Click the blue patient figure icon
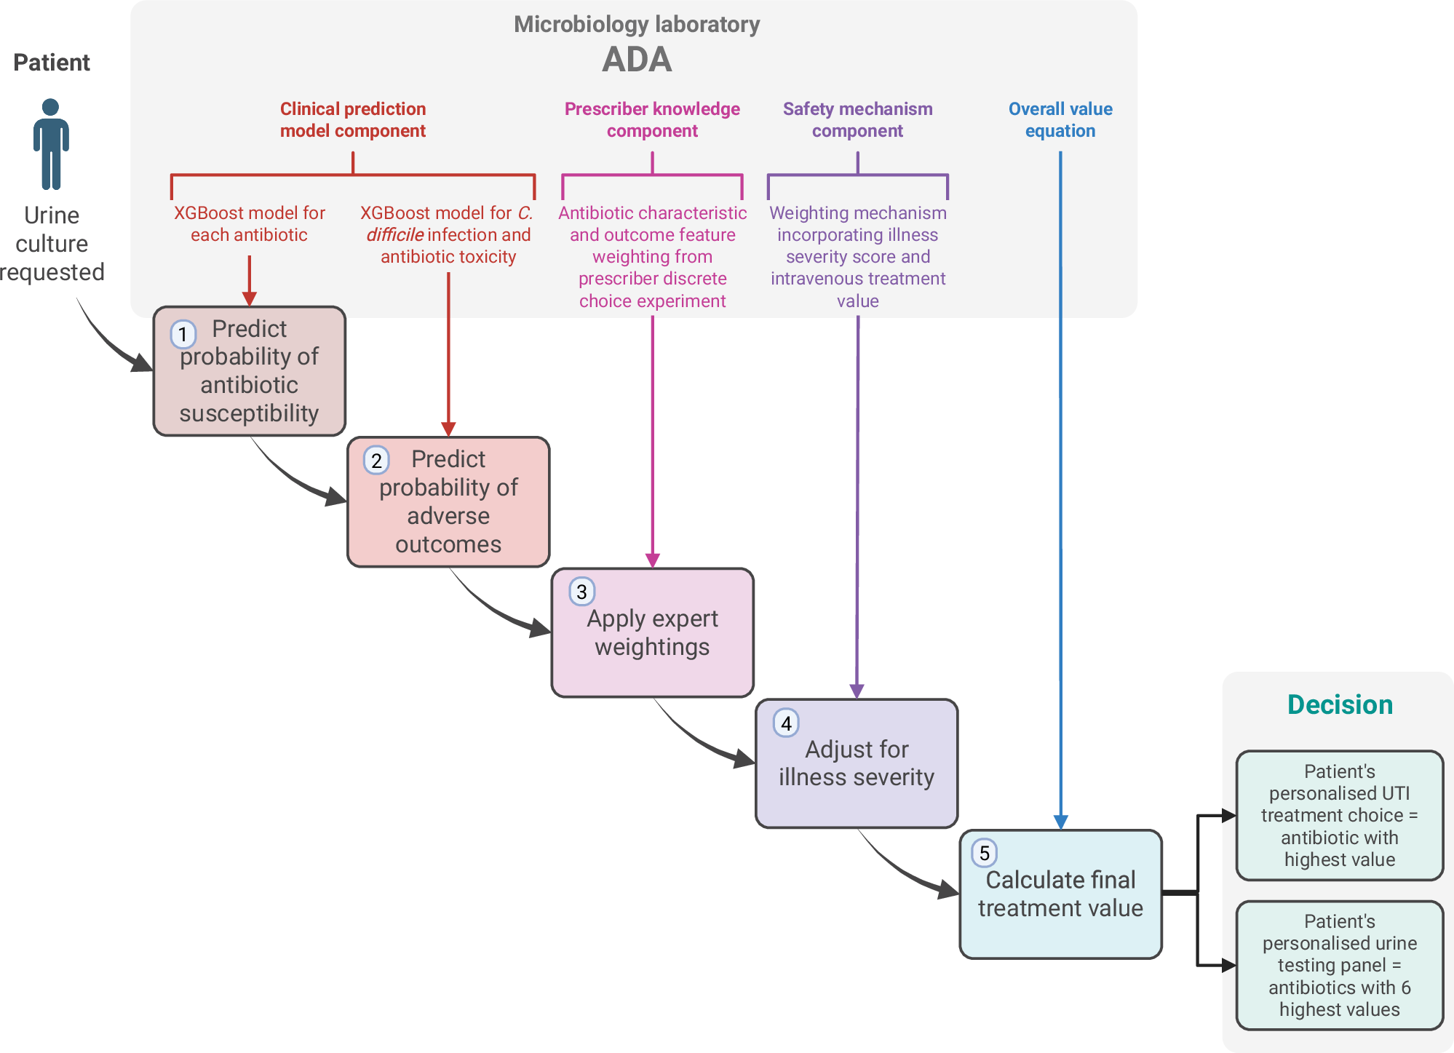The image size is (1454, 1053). [x=51, y=144]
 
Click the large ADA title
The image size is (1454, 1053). [x=637, y=60]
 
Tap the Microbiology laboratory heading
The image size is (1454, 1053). [x=637, y=25]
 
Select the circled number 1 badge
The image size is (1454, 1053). [x=183, y=334]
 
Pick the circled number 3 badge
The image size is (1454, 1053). [x=581, y=592]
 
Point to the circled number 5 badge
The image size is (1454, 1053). [x=984, y=853]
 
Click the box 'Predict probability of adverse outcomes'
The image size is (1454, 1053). [x=448, y=502]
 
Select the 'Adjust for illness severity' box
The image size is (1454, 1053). [x=857, y=763]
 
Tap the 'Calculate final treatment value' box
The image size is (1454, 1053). [x=1060, y=894]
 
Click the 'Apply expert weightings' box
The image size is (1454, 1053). [x=652, y=633]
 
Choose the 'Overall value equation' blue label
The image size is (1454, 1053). [x=1060, y=120]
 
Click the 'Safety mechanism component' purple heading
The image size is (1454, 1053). [x=857, y=120]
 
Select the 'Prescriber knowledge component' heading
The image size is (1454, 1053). [x=652, y=120]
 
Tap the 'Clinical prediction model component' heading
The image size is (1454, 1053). [x=353, y=120]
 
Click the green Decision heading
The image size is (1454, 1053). [x=1340, y=704]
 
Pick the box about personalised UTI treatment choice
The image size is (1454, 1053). [x=1340, y=815]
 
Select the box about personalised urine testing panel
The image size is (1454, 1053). [x=1340, y=965]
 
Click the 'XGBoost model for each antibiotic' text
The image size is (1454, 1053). [x=249, y=223]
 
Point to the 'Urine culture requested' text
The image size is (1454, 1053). [x=52, y=244]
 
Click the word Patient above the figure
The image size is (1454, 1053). [x=52, y=63]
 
